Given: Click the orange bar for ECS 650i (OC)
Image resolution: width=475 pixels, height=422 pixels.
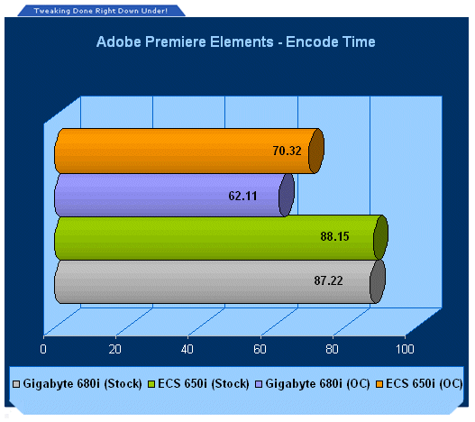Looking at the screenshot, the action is [189, 151].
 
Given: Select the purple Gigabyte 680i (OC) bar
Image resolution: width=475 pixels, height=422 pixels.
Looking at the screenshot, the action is [174, 196].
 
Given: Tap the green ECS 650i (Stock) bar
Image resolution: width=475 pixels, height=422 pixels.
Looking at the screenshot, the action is [221, 238].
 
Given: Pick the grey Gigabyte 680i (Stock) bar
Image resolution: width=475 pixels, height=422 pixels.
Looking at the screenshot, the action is [220, 281].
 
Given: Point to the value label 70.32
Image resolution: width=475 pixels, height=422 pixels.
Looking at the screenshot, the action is [287, 151].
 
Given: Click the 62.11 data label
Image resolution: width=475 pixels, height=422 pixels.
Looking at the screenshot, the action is [242, 196].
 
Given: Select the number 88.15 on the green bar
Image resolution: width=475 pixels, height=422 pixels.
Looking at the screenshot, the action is [334, 236].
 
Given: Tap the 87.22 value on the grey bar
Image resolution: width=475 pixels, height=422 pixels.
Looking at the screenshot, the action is [328, 280].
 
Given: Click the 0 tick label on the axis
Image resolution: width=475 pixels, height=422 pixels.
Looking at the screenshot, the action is [43, 349].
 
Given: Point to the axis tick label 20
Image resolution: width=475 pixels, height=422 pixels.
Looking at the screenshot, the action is [115, 349].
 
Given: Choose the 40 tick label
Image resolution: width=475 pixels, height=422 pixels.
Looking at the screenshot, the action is [187, 349].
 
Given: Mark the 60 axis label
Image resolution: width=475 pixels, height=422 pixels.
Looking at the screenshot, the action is [260, 349].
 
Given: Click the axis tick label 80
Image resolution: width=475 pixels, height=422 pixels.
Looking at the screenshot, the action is [332, 349].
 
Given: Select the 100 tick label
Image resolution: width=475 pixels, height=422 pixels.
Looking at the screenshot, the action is [405, 349].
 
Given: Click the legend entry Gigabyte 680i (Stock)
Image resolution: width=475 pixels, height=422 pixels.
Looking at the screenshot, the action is [78, 384].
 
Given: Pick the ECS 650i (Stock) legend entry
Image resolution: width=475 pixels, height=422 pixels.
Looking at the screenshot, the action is [198, 384].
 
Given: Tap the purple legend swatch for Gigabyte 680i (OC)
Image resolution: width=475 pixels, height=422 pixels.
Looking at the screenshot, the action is [259, 384].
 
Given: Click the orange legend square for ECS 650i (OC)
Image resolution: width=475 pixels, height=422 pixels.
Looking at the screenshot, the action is [379, 384].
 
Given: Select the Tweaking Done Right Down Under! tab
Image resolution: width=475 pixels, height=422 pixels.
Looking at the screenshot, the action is [101, 11].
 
